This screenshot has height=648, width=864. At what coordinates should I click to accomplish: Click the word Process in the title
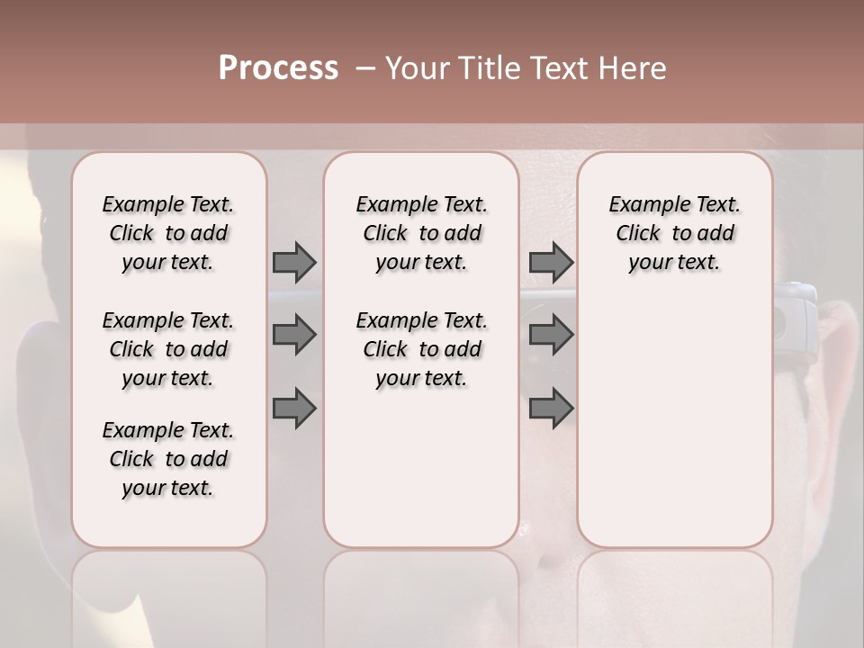pos(278,68)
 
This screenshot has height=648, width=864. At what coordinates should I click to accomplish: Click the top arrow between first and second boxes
pos(294,262)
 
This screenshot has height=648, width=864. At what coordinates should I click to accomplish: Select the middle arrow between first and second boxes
pos(294,335)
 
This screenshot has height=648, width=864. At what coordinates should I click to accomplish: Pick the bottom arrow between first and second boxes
pos(294,409)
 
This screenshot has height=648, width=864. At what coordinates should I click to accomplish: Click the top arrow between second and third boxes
pos(551,262)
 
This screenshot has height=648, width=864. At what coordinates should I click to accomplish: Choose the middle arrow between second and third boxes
pos(551,335)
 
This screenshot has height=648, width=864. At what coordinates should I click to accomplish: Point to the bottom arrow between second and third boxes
pos(551,409)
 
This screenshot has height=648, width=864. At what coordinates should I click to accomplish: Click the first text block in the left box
pos(168,233)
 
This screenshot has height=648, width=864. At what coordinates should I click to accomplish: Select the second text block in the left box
pos(168,349)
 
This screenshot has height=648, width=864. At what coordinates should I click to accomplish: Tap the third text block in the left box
pos(168,459)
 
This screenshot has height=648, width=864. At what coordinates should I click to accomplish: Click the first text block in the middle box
pos(421,233)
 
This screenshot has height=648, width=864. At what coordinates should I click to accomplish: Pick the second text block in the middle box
pos(421,349)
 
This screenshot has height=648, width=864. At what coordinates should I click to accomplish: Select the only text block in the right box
pos(674,233)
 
